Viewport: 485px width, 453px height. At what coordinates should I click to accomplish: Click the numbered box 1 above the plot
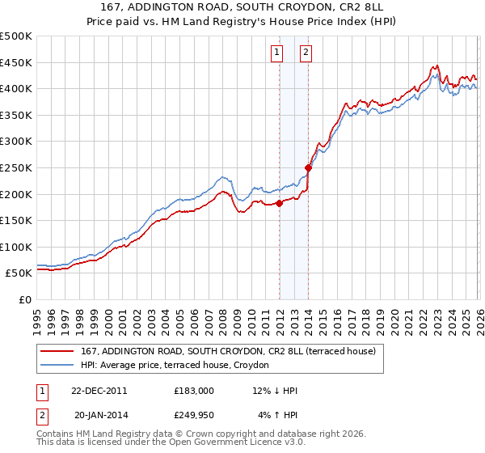pyautogui.click(x=276, y=53)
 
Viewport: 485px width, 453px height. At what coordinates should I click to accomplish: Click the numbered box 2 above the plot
pyautogui.click(x=306, y=53)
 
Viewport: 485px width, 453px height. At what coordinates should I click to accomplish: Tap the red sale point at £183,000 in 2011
pyautogui.click(x=280, y=203)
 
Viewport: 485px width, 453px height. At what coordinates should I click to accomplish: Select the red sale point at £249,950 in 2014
pyautogui.click(x=309, y=168)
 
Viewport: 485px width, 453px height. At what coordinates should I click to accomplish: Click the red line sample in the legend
pyautogui.click(x=57, y=350)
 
